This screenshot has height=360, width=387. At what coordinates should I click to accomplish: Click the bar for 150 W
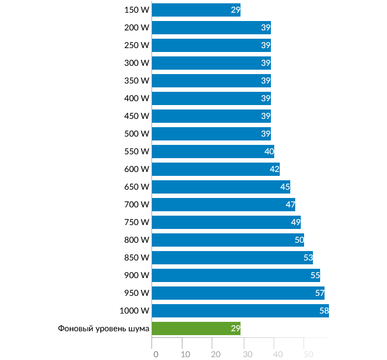[x=196, y=10]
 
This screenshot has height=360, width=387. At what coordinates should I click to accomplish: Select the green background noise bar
[x=196, y=328]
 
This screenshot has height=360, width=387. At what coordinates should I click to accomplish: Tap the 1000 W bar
[x=240, y=311]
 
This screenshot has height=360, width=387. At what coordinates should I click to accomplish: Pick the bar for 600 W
[x=216, y=169]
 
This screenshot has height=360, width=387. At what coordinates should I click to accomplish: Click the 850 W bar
[x=232, y=258]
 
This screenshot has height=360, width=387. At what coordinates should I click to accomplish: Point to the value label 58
[x=324, y=311]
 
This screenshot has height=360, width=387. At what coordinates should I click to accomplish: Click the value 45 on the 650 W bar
[x=285, y=187]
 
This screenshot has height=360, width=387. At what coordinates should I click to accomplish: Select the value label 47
[x=290, y=205]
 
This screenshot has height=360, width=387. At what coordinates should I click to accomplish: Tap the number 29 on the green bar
[x=236, y=328]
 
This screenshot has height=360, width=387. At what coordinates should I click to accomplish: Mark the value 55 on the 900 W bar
[x=315, y=275]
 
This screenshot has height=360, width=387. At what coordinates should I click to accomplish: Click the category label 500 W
[x=137, y=134]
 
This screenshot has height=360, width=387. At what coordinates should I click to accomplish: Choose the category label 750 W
[x=137, y=222]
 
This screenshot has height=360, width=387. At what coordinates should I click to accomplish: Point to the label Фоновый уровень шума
[x=104, y=328]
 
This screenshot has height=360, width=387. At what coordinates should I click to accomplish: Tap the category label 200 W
[x=137, y=28]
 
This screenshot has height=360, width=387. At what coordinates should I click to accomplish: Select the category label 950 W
[x=137, y=293]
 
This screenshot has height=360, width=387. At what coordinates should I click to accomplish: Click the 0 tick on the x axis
[x=155, y=354]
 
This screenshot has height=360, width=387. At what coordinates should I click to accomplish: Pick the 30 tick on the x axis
[x=247, y=354]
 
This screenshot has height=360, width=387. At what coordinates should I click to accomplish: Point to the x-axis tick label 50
[x=308, y=354]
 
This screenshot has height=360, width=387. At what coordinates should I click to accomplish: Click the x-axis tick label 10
[x=186, y=354]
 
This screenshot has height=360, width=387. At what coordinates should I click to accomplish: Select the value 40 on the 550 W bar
[x=269, y=152]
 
